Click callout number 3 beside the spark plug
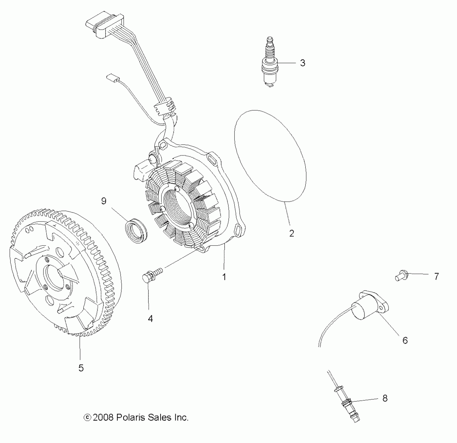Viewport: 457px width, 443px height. pos(302,63)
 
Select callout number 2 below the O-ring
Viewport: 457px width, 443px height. pos(291,233)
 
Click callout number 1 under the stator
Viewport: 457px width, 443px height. pos(224,277)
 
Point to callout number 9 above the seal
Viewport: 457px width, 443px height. pos(104,201)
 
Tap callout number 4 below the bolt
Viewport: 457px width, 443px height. pos(150,318)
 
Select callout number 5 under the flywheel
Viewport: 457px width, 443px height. pos(81,368)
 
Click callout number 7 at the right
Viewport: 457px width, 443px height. pos(436,276)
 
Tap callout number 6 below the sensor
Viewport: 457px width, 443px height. pos(405,340)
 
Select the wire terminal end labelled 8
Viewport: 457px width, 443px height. pos(349,407)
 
